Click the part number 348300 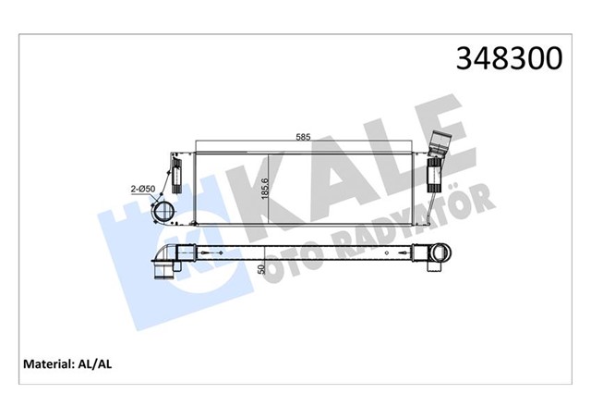point(507,59)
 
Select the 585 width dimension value point(303,137)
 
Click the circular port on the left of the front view point(166,212)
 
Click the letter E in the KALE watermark point(435,129)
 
